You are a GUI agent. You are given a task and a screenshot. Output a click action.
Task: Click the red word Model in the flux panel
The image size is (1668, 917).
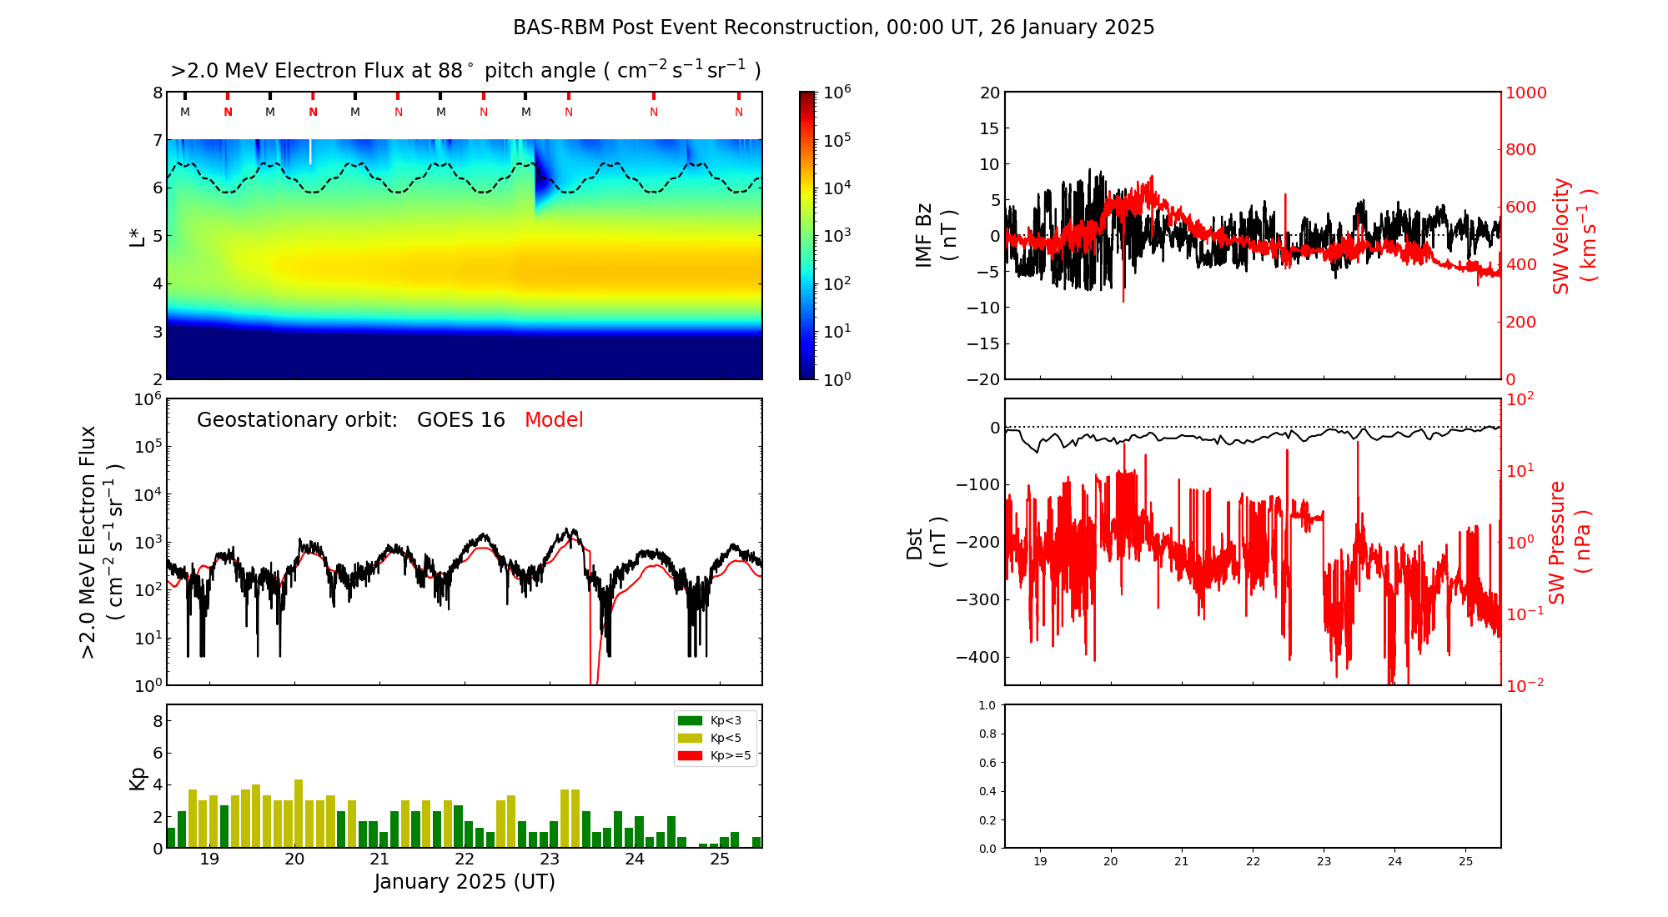554,420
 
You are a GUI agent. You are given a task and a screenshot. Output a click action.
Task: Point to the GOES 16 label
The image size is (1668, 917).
461,420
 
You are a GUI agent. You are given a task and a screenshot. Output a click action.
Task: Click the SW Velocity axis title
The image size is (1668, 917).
1573,236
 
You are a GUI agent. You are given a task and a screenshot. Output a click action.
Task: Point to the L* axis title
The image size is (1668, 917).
138,236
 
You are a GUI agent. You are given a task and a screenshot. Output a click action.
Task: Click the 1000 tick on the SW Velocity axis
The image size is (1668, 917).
1525,93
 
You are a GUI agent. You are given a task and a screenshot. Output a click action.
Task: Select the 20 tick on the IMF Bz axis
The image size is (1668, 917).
989,93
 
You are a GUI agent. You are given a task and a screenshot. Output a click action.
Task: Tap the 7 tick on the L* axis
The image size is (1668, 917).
157,140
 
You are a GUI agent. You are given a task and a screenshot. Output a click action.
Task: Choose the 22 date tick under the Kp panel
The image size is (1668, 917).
465,859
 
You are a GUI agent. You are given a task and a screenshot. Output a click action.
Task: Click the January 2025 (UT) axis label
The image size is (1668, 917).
465,882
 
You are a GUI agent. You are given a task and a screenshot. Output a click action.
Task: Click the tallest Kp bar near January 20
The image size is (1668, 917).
299,814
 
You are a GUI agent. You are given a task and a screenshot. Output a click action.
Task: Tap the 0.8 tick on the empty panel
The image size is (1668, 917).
987,734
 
